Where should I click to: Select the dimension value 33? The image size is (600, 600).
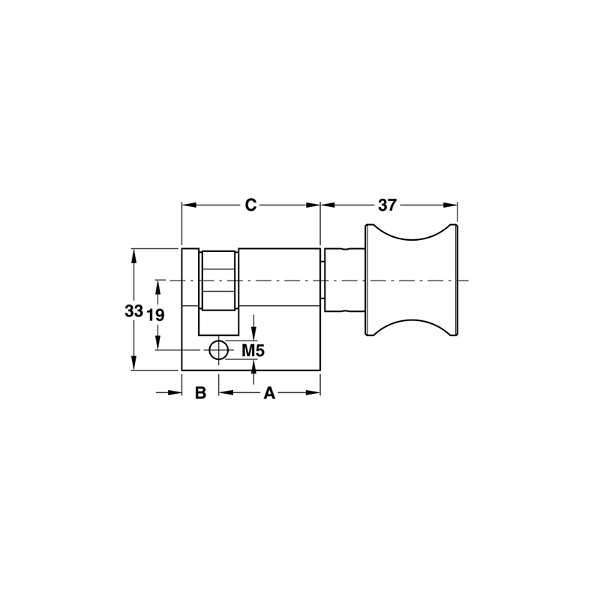coord(133,311)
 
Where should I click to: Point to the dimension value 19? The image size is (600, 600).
coord(155,315)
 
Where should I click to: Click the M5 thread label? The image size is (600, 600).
coord(253,350)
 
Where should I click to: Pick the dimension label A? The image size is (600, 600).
coord(268,393)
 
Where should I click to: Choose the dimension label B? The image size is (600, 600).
coord(200,393)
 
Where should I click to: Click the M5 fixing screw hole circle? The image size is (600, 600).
coord(218,349)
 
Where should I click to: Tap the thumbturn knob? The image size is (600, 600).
coord(411,280)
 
